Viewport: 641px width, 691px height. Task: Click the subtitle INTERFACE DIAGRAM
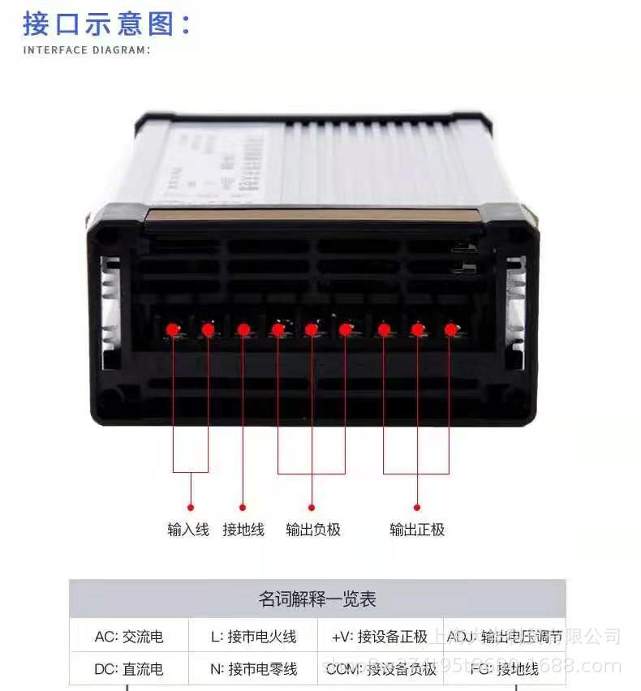pos(86,50)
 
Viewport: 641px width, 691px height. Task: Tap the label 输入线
pos(188,530)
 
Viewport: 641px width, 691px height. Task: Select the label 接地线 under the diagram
pos(243,530)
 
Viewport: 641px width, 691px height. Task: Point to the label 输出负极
pos(313,530)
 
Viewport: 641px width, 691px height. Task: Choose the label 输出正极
pos(417,530)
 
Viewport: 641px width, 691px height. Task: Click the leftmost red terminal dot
pos(173,329)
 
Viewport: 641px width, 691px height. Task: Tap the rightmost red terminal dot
pos(450,329)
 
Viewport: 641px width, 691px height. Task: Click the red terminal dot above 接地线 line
pos(243,329)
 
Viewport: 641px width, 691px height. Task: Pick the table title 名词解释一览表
pos(317,600)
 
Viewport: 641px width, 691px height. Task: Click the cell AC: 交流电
pos(129,637)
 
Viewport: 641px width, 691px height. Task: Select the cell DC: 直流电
pos(129,669)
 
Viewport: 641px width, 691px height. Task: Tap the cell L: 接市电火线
pos(253,637)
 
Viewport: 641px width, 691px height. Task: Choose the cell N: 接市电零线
pos(253,669)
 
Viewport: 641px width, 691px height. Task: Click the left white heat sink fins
pos(110,312)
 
